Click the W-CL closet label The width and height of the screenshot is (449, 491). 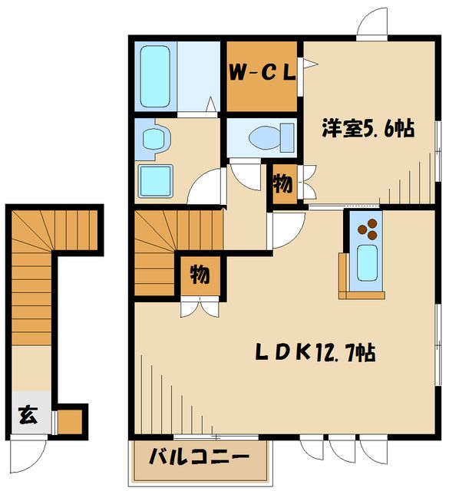(261, 74)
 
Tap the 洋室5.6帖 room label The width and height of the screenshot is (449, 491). (368, 129)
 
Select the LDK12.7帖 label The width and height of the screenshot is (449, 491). (315, 354)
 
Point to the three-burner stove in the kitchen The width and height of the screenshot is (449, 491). (365, 227)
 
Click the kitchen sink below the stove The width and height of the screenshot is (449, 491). (367, 265)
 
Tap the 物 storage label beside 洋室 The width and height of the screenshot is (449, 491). (282, 184)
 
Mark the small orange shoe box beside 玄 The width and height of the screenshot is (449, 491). (70, 421)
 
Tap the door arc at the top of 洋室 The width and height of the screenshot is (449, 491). (374, 21)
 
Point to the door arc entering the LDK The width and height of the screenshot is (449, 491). (289, 231)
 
